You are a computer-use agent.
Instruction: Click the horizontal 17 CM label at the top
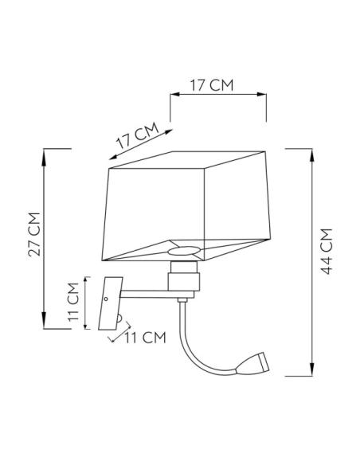click(211, 84)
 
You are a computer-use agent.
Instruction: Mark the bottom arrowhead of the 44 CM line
click(309, 369)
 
